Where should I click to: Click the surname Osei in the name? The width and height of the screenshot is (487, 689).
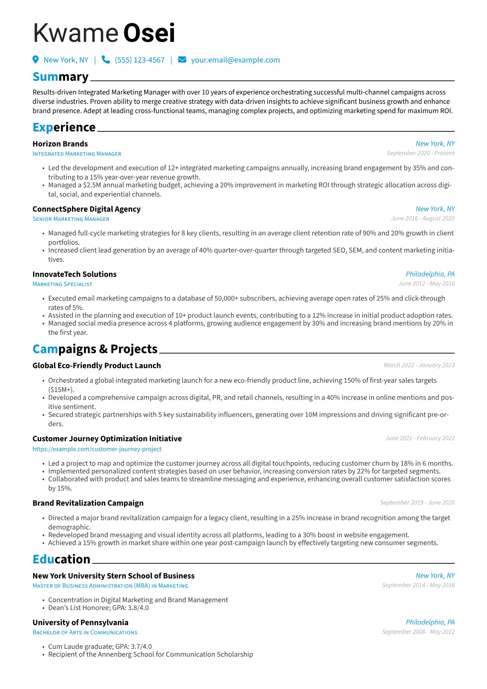[149, 33]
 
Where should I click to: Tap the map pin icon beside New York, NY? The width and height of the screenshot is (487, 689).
[36, 60]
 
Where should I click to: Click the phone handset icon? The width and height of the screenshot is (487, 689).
[106, 60]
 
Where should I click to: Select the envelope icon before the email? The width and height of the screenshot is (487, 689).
[182, 60]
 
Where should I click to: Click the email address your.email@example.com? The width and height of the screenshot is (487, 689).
[235, 60]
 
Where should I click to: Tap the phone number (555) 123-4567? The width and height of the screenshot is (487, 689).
[140, 60]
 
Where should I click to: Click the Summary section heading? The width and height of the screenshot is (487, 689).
[61, 77]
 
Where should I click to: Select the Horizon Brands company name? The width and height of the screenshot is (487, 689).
[60, 144]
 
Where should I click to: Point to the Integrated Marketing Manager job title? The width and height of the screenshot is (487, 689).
[77, 154]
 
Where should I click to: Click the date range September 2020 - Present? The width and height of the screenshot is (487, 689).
[420, 153]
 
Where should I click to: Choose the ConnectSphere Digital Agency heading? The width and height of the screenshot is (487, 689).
[86, 209]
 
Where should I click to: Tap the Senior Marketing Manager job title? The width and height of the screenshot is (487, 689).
[71, 219]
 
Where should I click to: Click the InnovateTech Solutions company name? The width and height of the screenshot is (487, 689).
[74, 274]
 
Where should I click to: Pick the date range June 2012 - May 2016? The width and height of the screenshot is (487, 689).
[426, 284]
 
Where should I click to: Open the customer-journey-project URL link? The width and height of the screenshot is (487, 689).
[97, 449]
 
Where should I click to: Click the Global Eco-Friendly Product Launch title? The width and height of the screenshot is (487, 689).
[97, 366]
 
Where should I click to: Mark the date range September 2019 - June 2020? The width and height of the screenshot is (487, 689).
[417, 503]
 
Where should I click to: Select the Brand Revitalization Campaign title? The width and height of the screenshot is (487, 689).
[88, 503]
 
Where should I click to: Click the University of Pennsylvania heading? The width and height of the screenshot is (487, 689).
[80, 623]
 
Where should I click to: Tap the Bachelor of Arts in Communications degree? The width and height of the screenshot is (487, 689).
[85, 633]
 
